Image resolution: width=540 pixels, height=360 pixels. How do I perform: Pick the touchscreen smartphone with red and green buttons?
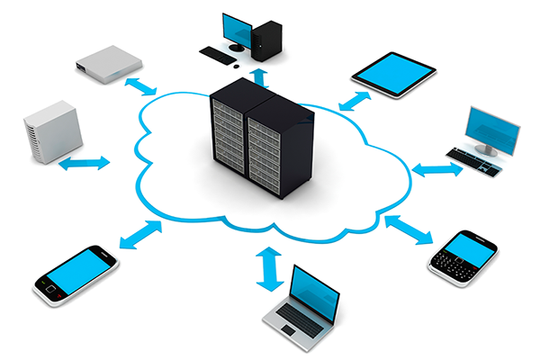(x=76, y=274)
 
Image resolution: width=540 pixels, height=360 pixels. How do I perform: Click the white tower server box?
(x=53, y=133)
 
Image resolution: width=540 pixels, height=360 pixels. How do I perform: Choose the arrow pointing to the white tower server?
(x=85, y=164)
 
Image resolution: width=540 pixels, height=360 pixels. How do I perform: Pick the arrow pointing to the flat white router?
(x=139, y=86)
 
